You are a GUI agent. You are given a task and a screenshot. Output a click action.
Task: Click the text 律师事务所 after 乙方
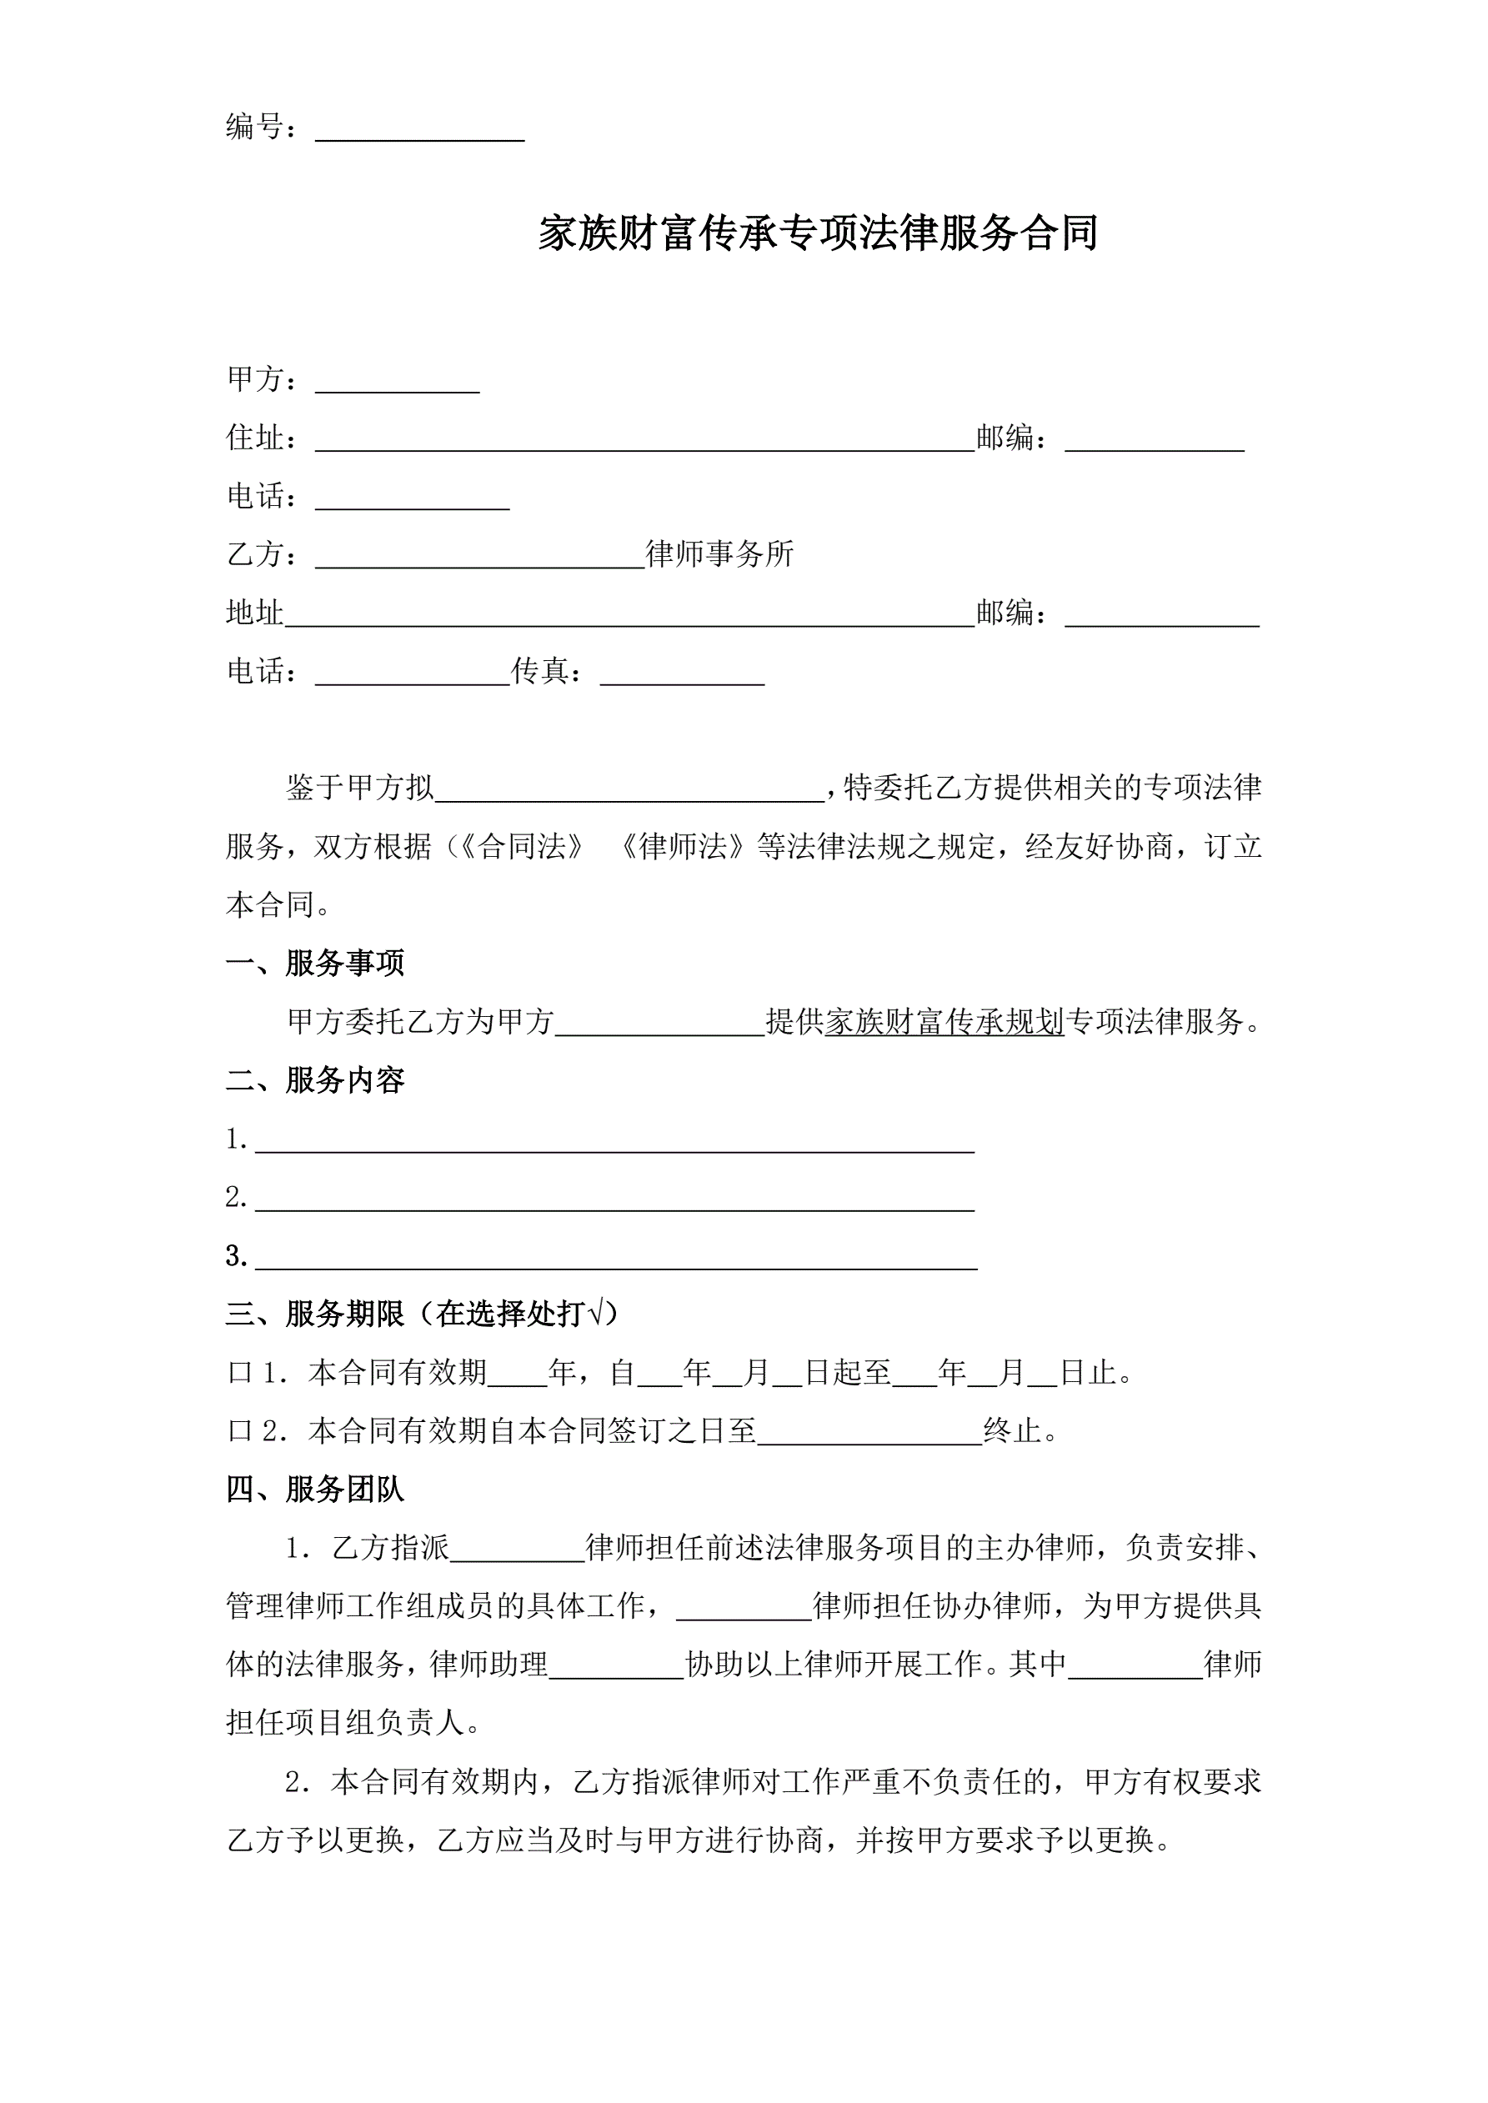click(719, 554)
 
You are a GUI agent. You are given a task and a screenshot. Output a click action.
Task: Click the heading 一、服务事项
click(314, 963)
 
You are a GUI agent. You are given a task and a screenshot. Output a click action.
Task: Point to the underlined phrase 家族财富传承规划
click(944, 1021)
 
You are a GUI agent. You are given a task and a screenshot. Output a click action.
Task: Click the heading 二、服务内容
click(314, 1080)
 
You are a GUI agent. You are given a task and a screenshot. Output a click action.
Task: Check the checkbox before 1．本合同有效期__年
click(239, 1373)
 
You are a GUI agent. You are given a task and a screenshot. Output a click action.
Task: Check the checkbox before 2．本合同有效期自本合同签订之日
click(239, 1432)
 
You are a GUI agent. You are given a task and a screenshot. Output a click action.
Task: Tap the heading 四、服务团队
click(314, 1490)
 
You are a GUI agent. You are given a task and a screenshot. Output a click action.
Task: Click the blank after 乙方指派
click(518, 1550)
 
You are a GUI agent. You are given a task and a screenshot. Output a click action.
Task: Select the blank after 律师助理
click(616, 1668)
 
